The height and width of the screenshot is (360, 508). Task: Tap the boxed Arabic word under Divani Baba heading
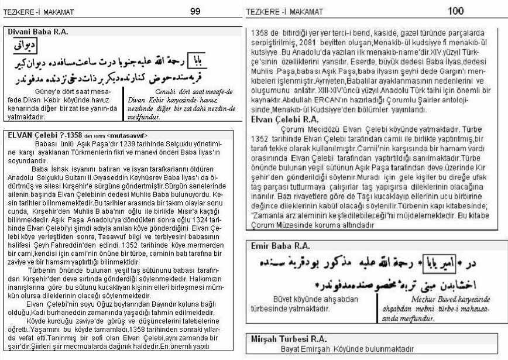23,46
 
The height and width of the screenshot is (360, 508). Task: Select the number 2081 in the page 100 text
331,43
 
